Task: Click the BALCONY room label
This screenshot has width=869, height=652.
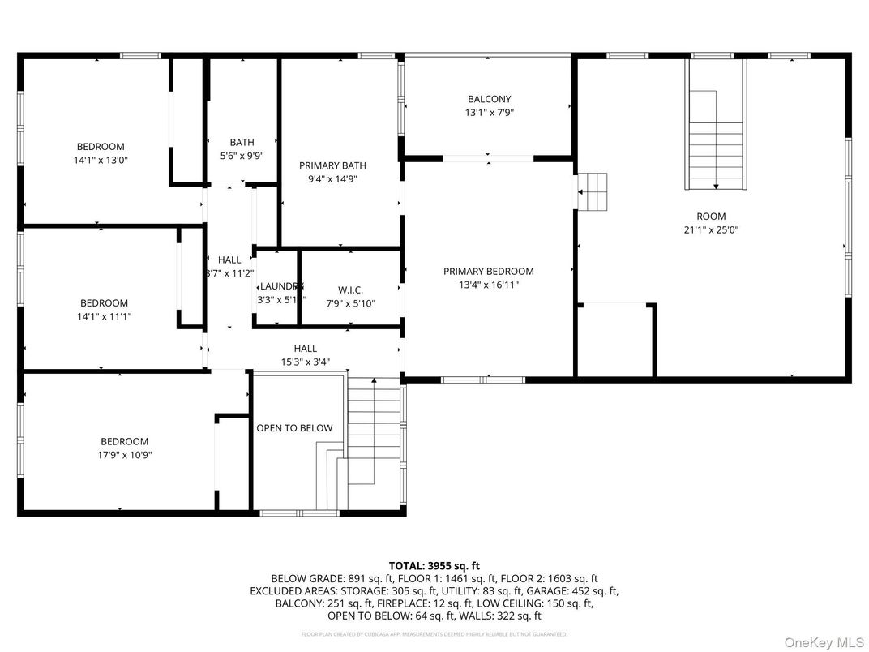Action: tap(489, 99)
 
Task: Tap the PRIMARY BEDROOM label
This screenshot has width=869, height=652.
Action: tap(488, 272)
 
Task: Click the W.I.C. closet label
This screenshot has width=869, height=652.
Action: tap(350, 290)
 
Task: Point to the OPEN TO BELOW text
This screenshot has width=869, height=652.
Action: tap(294, 428)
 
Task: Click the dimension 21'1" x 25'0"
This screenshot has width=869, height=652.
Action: tap(711, 229)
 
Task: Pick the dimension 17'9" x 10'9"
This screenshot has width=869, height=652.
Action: tap(125, 455)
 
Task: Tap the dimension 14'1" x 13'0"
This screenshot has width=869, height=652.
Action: tap(101, 160)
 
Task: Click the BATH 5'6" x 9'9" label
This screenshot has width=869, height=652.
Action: tap(242, 148)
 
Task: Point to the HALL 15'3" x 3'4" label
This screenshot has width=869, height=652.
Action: tap(306, 355)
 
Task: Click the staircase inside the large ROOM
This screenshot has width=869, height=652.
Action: tap(715, 146)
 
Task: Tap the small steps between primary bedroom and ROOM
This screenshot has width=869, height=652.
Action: tap(593, 191)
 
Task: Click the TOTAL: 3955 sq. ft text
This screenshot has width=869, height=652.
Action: tap(434, 565)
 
